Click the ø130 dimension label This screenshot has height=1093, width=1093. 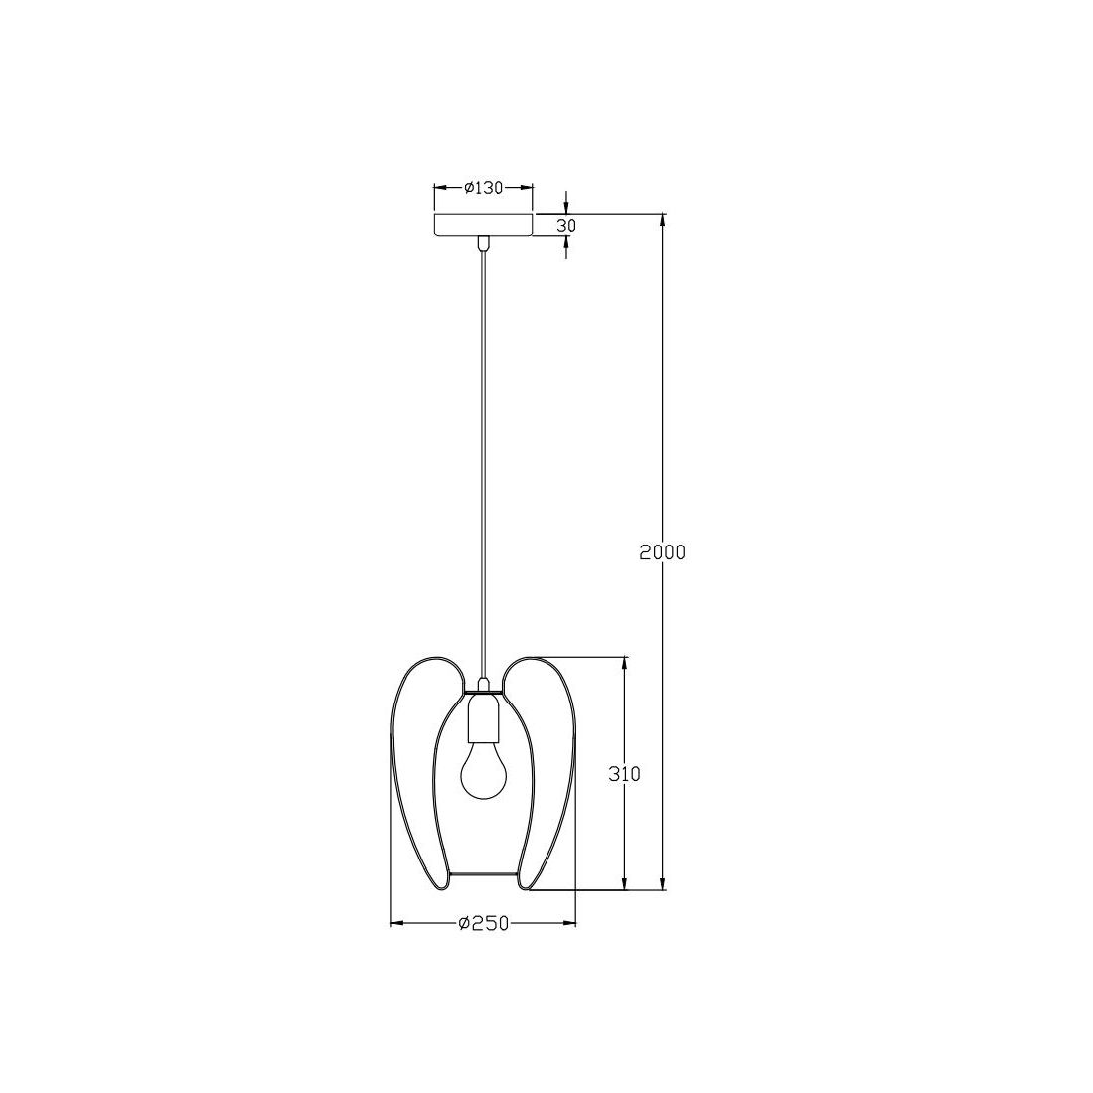pyautogui.click(x=483, y=188)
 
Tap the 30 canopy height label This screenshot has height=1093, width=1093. pyautogui.click(x=566, y=226)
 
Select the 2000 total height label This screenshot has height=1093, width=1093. pyautogui.click(x=663, y=552)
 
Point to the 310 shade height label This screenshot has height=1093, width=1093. pyautogui.click(x=624, y=774)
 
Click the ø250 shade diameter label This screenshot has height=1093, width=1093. pyautogui.click(x=483, y=924)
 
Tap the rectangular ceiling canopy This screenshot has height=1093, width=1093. pyautogui.click(x=483, y=226)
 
